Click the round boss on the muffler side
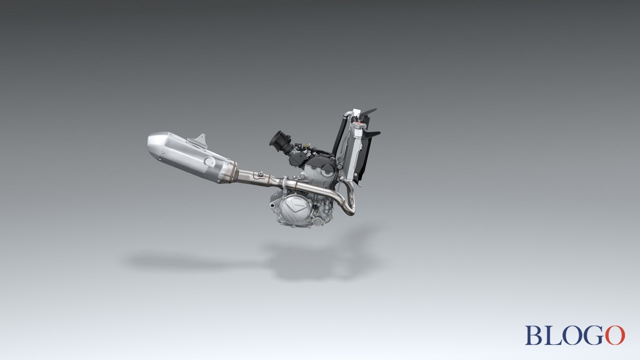(209, 161)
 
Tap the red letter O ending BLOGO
(615, 335)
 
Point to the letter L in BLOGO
(551, 335)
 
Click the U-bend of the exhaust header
(350, 202)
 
